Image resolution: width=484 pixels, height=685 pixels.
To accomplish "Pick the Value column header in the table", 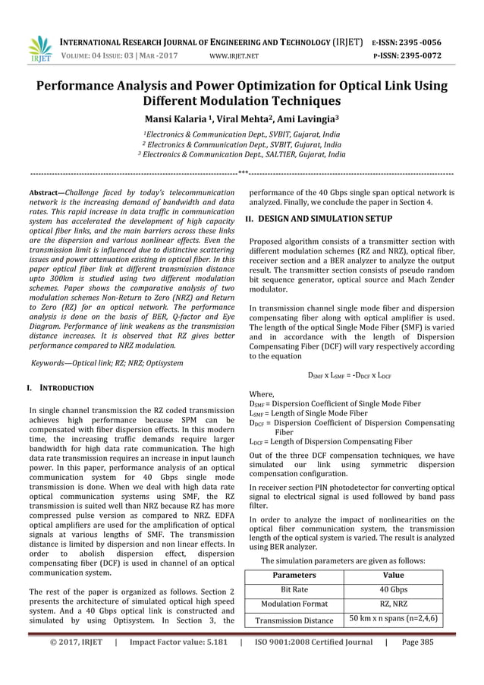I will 394,576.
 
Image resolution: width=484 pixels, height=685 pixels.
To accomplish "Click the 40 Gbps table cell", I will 394,589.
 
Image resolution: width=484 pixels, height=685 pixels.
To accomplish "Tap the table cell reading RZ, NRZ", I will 394,604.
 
